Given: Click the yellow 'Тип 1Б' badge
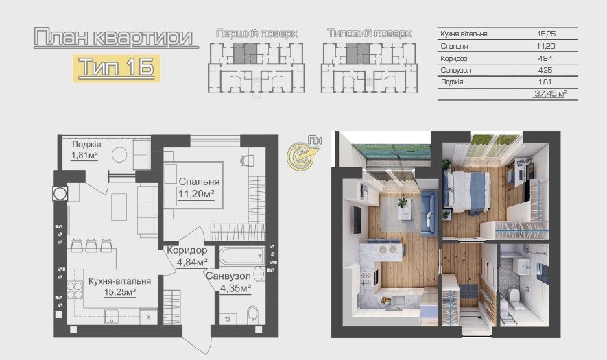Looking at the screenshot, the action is click(117, 68).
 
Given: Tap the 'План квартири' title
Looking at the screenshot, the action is click(113, 38).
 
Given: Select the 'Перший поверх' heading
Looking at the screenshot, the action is click(257, 34).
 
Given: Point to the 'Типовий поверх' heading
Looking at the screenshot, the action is click(369, 34).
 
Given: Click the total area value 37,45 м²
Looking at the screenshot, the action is click(551, 93).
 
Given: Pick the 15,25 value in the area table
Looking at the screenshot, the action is click(546, 34).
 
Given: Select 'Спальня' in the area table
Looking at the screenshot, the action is click(454, 46).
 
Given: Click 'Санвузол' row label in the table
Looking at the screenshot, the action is click(455, 70).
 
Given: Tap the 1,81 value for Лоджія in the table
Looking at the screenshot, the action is click(545, 82).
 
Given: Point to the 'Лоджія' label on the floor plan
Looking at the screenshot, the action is click(86, 145).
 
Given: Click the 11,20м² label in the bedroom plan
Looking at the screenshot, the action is click(196, 193).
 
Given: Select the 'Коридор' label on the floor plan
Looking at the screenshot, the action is click(187, 250).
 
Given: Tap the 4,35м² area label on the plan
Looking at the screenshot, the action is click(235, 288).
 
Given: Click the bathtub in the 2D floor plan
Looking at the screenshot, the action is click(243, 256).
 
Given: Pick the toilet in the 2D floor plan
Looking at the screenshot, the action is click(252, 315).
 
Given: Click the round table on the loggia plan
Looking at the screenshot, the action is click(119, 155).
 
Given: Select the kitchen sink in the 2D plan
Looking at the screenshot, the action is click(112, 316).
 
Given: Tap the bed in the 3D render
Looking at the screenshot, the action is click(467, 191).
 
